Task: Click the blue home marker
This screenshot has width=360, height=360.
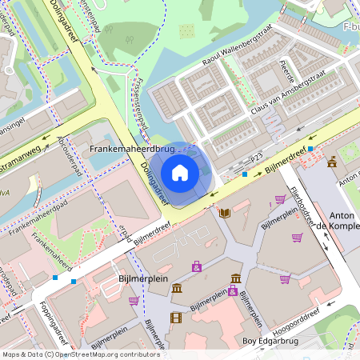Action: [180, 172]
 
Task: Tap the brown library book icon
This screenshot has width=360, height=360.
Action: [225, 212]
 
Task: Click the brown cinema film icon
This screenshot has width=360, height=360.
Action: [176, 318]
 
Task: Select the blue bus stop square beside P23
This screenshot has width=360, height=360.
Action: [245, 174]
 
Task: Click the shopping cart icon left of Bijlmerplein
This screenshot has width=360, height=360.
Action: [134, 301]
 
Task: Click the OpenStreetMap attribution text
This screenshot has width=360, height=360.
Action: [80, 354]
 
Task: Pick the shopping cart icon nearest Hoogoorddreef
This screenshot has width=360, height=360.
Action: [285, 279]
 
